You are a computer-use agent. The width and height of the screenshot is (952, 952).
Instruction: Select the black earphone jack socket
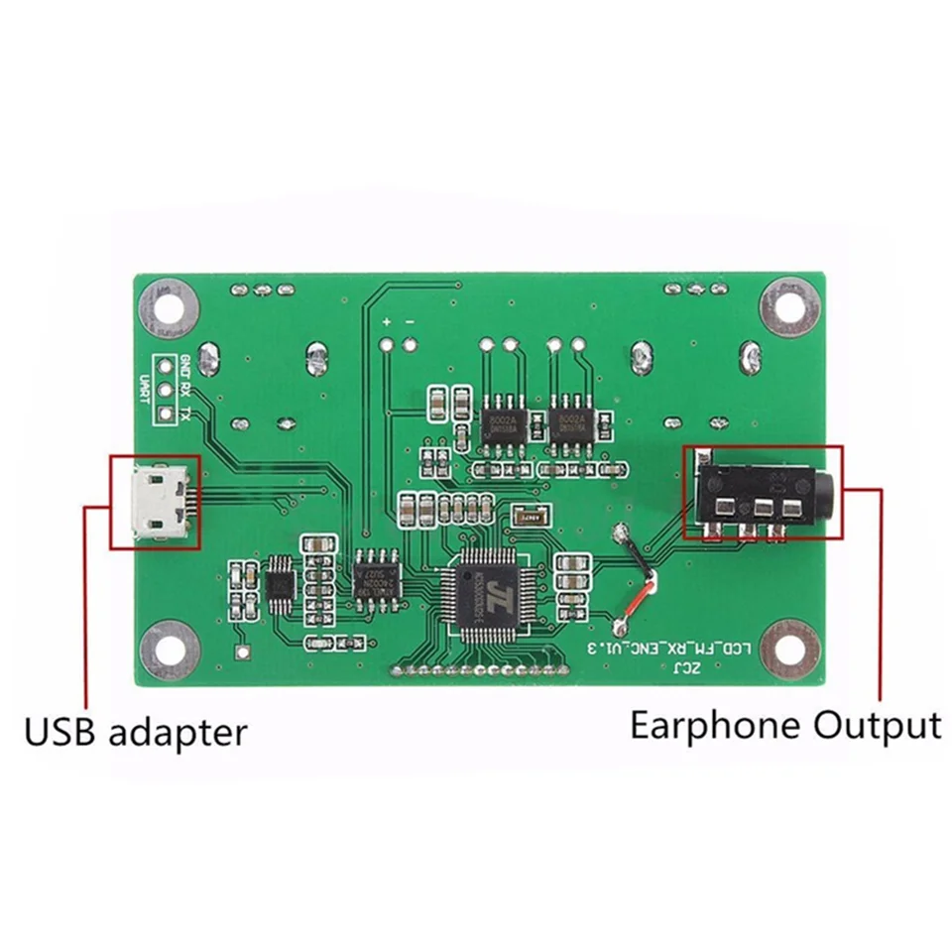tap(762, 493)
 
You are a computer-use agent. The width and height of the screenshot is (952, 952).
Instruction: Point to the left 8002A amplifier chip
tap(501, 425)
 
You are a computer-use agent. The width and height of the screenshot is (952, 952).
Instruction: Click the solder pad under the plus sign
tap(387, 345)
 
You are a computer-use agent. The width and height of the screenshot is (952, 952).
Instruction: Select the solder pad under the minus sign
tap(410, 345)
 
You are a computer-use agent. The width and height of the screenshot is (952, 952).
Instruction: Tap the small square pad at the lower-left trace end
tap(242, 652)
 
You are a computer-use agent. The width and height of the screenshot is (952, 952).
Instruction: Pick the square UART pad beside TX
tap(166, 414)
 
